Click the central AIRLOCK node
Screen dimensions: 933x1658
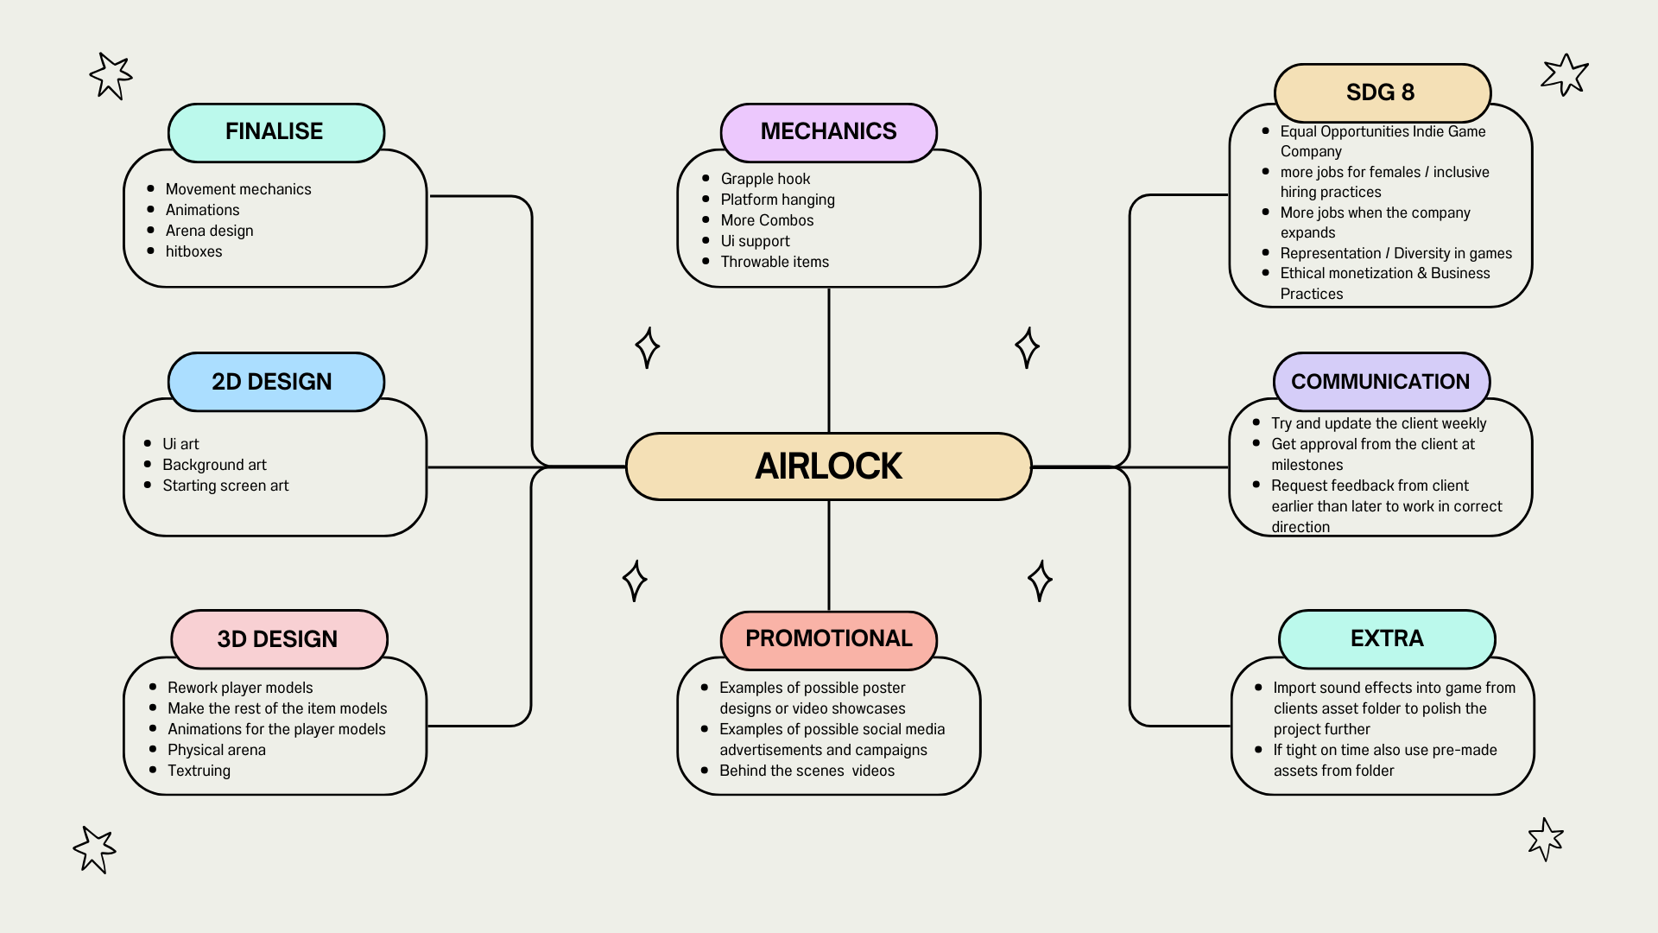pos(828,466)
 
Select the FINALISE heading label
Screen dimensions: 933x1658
pos(275,131)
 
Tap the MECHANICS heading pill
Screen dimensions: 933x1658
pos(828,131)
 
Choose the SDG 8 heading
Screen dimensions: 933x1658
pos(1381,92)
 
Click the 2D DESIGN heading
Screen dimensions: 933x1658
pos(273,382)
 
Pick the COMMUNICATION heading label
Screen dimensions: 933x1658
pos(1380,382)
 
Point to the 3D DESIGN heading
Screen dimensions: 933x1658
pos(278,639)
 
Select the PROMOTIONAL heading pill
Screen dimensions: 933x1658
pos(828,638)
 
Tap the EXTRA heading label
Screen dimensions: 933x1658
pos(1387,638)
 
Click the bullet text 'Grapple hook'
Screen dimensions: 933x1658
pos(765,179)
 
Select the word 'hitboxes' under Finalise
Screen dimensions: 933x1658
pos(193,251)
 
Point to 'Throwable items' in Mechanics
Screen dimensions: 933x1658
pos(775,262)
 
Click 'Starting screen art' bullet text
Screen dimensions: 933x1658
pos(225,486)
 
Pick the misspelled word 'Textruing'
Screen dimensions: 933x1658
pos(199,771)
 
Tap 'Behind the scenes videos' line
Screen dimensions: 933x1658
pos(807,771)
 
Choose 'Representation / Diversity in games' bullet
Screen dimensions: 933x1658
pos(1395,253)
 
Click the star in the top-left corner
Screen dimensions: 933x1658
pos(111,76)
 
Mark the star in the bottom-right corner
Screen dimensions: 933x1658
pos(1545,839)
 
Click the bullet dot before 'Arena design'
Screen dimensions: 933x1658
pos(151,231)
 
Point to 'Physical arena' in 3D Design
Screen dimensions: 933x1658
pos(216,750)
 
